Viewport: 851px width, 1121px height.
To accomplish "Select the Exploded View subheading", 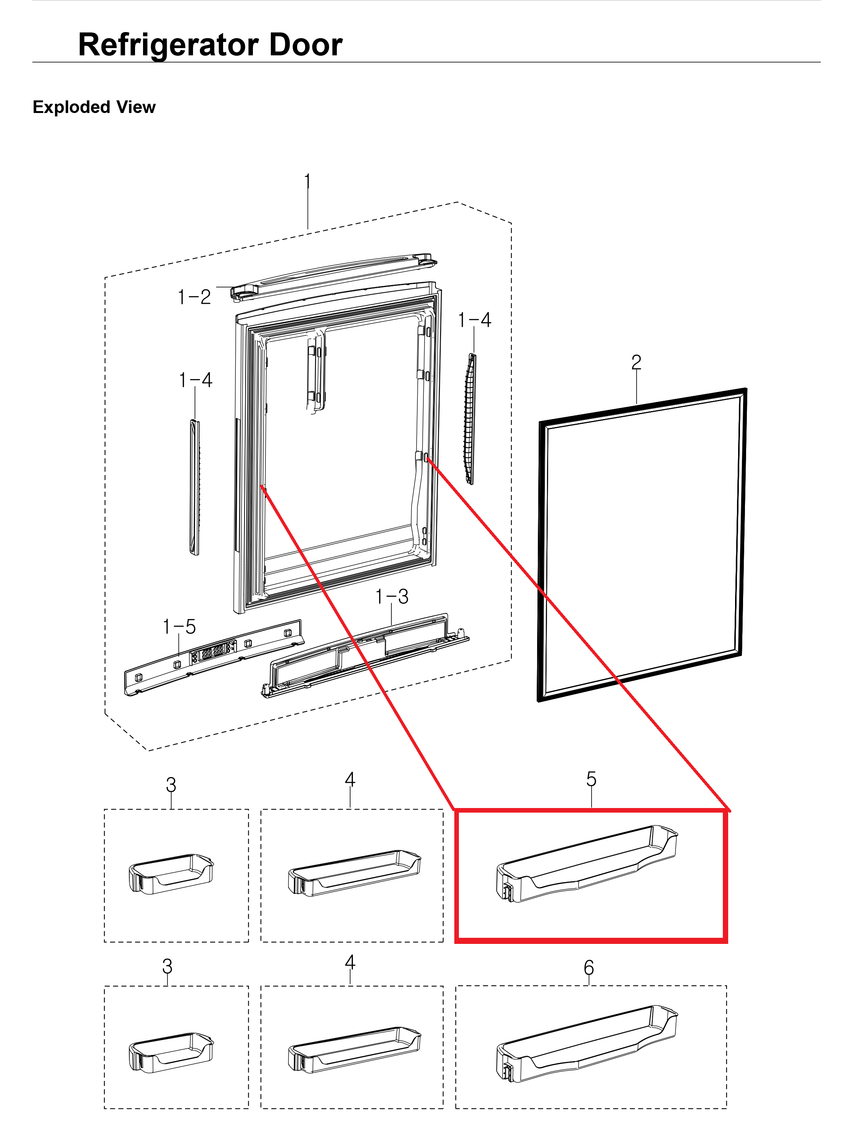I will coord(94,107).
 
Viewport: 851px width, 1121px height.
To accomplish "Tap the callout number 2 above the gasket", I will coord(636,362).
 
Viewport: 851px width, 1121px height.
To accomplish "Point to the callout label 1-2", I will coord(194,297).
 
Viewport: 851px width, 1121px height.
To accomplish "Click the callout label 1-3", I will coord(392,597).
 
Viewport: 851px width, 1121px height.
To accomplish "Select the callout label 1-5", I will coord(179,627).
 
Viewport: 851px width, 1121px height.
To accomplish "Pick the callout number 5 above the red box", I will coord(591,778).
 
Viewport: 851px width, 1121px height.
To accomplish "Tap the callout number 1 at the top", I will coord(307,181).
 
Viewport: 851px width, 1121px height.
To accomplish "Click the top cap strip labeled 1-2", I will coord(334,276).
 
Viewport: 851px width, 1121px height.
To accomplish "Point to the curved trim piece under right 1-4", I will coord(470,418).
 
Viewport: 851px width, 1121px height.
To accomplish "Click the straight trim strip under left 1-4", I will coord(195,487).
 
